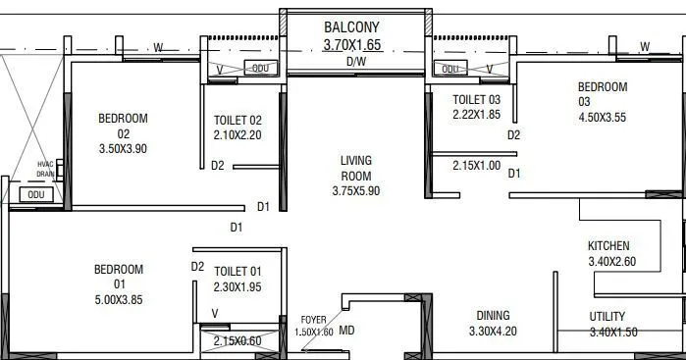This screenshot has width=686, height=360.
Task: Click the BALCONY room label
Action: click(355, 26)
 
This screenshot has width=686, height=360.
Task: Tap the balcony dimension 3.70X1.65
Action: click(355, 44)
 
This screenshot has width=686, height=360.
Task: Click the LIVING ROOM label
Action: click(355, 168)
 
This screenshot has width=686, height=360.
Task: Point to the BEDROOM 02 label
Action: click(123, 127)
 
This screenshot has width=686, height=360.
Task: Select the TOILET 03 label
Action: click(477, 99)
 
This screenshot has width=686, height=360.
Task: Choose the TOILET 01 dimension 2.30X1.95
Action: click(237, 286)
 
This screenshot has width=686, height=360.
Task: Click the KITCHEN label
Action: click(608, 245)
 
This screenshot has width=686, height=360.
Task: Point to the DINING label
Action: click(493, 315)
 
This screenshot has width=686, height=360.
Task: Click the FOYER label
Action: click(314, 320)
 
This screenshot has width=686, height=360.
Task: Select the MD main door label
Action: click(346, 331)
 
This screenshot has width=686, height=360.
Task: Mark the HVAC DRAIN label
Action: click(45, 168)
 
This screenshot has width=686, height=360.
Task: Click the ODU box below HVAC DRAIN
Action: click(36, 194)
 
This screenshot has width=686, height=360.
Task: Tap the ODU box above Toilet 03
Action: click(449, 69)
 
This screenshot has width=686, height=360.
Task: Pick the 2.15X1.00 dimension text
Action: click(476, 166)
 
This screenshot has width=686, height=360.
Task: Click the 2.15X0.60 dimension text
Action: click(237, 340)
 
